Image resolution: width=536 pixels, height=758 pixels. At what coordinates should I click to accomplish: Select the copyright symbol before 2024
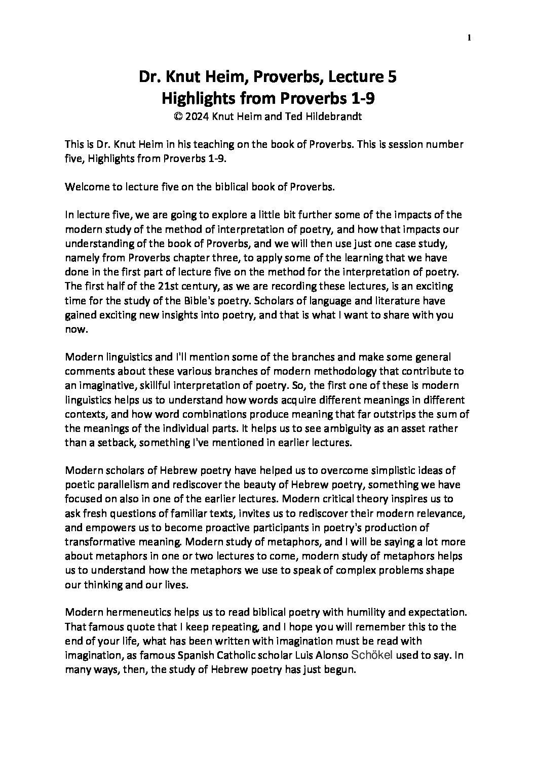(178, 116)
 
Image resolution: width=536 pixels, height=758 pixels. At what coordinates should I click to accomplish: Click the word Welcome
(86, 186)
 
